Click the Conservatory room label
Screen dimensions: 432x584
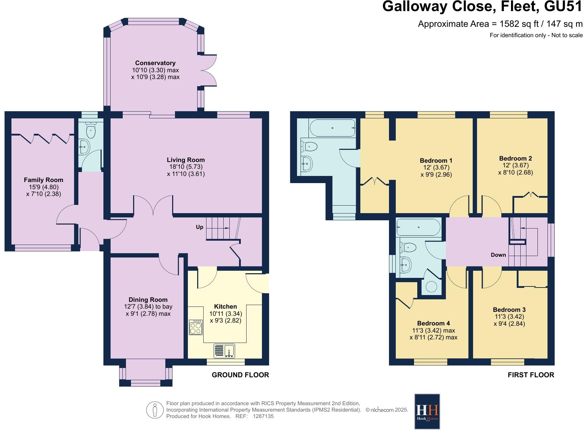pos(155,63)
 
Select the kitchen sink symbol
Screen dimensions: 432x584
pos(224,351)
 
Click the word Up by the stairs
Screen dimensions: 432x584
pos(199,227)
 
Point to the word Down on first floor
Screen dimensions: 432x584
pos(498,255)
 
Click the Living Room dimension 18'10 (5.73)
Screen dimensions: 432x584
pos(186,167)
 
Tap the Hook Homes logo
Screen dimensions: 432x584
pos(427,411)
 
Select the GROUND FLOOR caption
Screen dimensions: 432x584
pos(240,375)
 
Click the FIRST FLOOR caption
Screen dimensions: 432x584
pos(531,375)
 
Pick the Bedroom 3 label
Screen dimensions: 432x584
pos(509,310)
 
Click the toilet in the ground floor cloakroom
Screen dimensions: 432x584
pos(91,131)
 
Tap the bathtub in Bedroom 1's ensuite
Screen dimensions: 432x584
pos(332,128)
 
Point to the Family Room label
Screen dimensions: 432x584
pos(43,180)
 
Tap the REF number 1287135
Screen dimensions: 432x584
pos(263,416)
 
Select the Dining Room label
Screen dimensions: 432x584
pos(148,300)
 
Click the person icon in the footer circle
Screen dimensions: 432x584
pos(155,410)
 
